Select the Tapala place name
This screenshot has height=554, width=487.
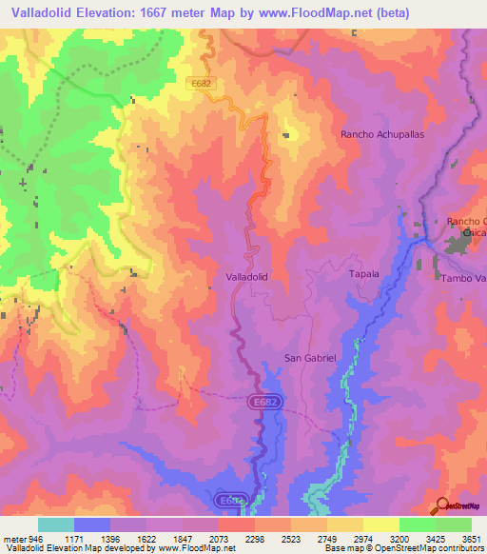tap(363, 274)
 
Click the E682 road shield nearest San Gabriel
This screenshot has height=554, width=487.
tap(266, 404)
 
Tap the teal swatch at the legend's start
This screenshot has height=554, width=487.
tap(56, 524)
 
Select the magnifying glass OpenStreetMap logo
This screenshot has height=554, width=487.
tap(442, 506)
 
